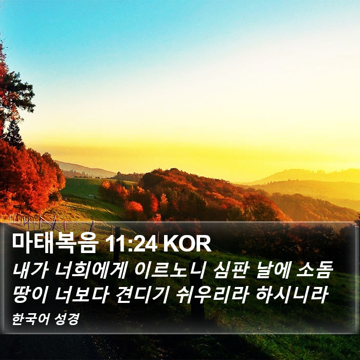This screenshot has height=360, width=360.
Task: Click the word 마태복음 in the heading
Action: pyautogui.click(x=55, y=243)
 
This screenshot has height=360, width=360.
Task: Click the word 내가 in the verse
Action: pyautogui.click(x=30, y=271)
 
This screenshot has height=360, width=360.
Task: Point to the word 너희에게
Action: pyautogui.click(x=91, y=271)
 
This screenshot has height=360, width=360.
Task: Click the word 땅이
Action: pyautogui.click(x=30, y=295)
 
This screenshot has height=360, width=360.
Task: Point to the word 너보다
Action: pyautogui.click(x=81, y=295)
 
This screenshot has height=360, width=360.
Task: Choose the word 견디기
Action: pyautogui.click(x=141, y=295)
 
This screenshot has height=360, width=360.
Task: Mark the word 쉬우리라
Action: pyautogui.click(x=212, y=295)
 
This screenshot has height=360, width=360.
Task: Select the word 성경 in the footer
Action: pyautogui.click(x=67, y=319)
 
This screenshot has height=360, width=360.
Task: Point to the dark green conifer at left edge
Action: pyautogui.click(x=14, y=135)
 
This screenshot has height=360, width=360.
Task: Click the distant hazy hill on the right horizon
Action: pyautogui.click(x=305, y=176)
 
